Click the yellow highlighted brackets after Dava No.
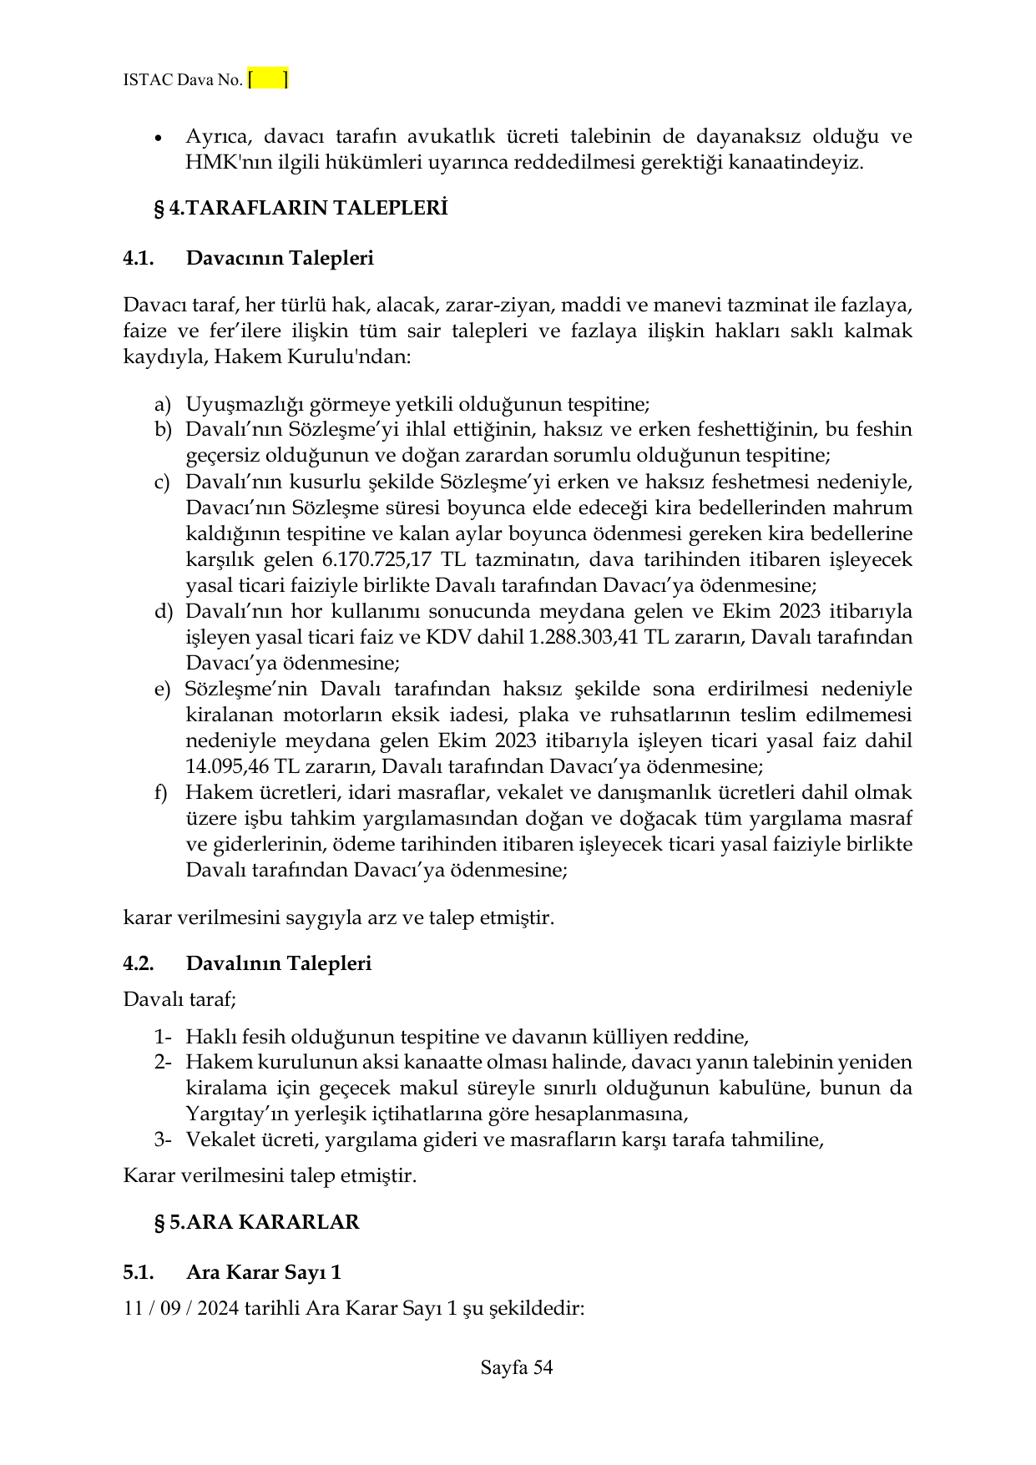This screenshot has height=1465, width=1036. (x=268, y=80)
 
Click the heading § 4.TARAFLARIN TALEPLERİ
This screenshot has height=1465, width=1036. (x=301, y=209)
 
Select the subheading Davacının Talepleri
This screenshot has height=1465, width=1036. (x=280, y=258)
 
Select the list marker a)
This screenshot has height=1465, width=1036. (x=162, y=405)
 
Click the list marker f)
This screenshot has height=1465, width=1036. (x=161, y=792)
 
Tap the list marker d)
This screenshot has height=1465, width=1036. (x=162, y=611)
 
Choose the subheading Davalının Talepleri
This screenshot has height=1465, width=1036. (x=279, y=963)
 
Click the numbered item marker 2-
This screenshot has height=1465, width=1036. (x=162, y=1063)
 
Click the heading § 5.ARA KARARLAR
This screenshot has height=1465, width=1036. (x=256, y=1222)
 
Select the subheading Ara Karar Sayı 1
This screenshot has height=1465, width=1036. (x=264, y=1273)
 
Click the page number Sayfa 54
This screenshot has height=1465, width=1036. (x=517, y=1367)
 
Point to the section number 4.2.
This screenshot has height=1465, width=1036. (x=139, y=963)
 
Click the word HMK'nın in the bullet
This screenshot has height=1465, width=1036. (x=220, y=163)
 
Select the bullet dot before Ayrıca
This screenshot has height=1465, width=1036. (x=159, y=138)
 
